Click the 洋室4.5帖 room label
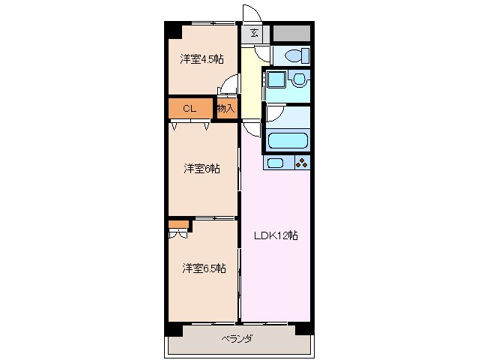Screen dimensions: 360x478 202,59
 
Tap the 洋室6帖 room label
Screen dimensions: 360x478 202,169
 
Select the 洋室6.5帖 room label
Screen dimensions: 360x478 203,268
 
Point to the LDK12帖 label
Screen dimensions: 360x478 275,235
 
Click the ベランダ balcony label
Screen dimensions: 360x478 237,339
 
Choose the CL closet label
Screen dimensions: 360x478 190,109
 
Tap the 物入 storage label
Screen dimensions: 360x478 226,109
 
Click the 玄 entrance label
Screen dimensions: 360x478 255,33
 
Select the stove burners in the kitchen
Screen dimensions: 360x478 301,163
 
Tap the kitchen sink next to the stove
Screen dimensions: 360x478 276,163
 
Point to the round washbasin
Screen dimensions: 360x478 299,79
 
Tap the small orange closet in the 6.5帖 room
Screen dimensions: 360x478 178,223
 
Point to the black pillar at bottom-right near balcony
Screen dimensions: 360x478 303,328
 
